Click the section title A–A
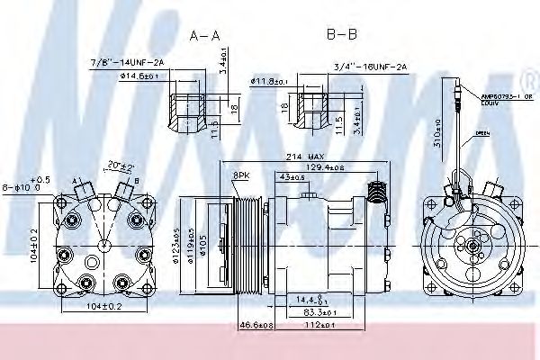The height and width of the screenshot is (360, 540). click(x=203, y=36)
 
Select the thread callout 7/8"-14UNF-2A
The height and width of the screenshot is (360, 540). click(x=126, y=62)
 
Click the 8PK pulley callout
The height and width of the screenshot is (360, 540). click(x=242, y=175)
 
